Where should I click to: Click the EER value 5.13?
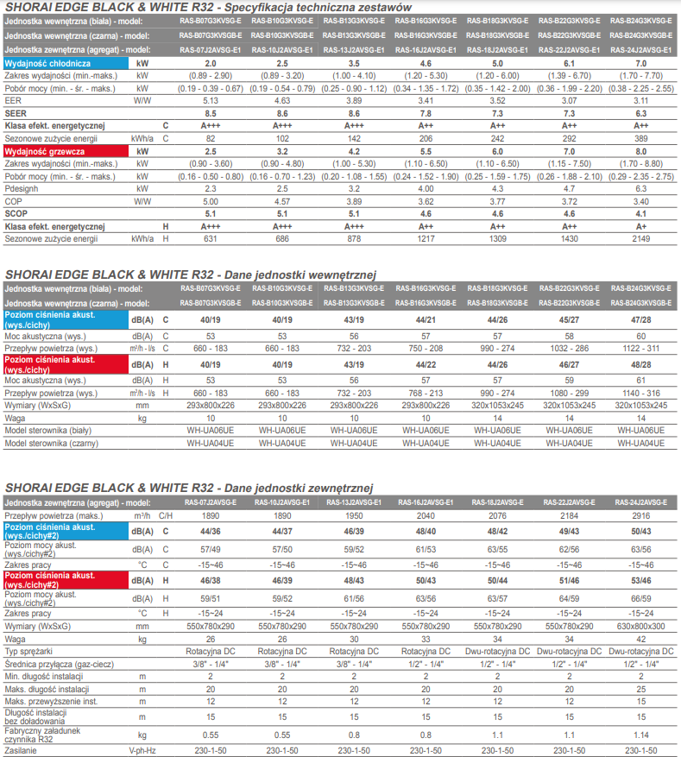point(211,101)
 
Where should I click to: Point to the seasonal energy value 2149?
point(641,239)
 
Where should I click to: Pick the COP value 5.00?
point(211,202)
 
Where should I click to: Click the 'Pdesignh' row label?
point(22,189)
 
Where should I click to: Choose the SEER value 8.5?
point(211,113)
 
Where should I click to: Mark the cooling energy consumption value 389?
point(641,139)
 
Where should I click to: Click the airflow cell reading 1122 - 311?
point(641,349)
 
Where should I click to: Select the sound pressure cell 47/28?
point(641,319)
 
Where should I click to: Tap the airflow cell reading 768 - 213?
point(426,394)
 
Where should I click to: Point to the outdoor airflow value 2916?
point(641,516)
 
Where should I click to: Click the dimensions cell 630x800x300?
point(641,627)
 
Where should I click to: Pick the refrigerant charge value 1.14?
point(641,735)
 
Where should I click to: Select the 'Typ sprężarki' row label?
point(28,652)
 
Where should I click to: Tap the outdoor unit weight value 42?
point(641,640)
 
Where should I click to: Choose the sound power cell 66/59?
point(641,599)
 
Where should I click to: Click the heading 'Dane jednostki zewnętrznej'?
point(299,488)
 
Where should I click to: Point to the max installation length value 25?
point(641,690)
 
